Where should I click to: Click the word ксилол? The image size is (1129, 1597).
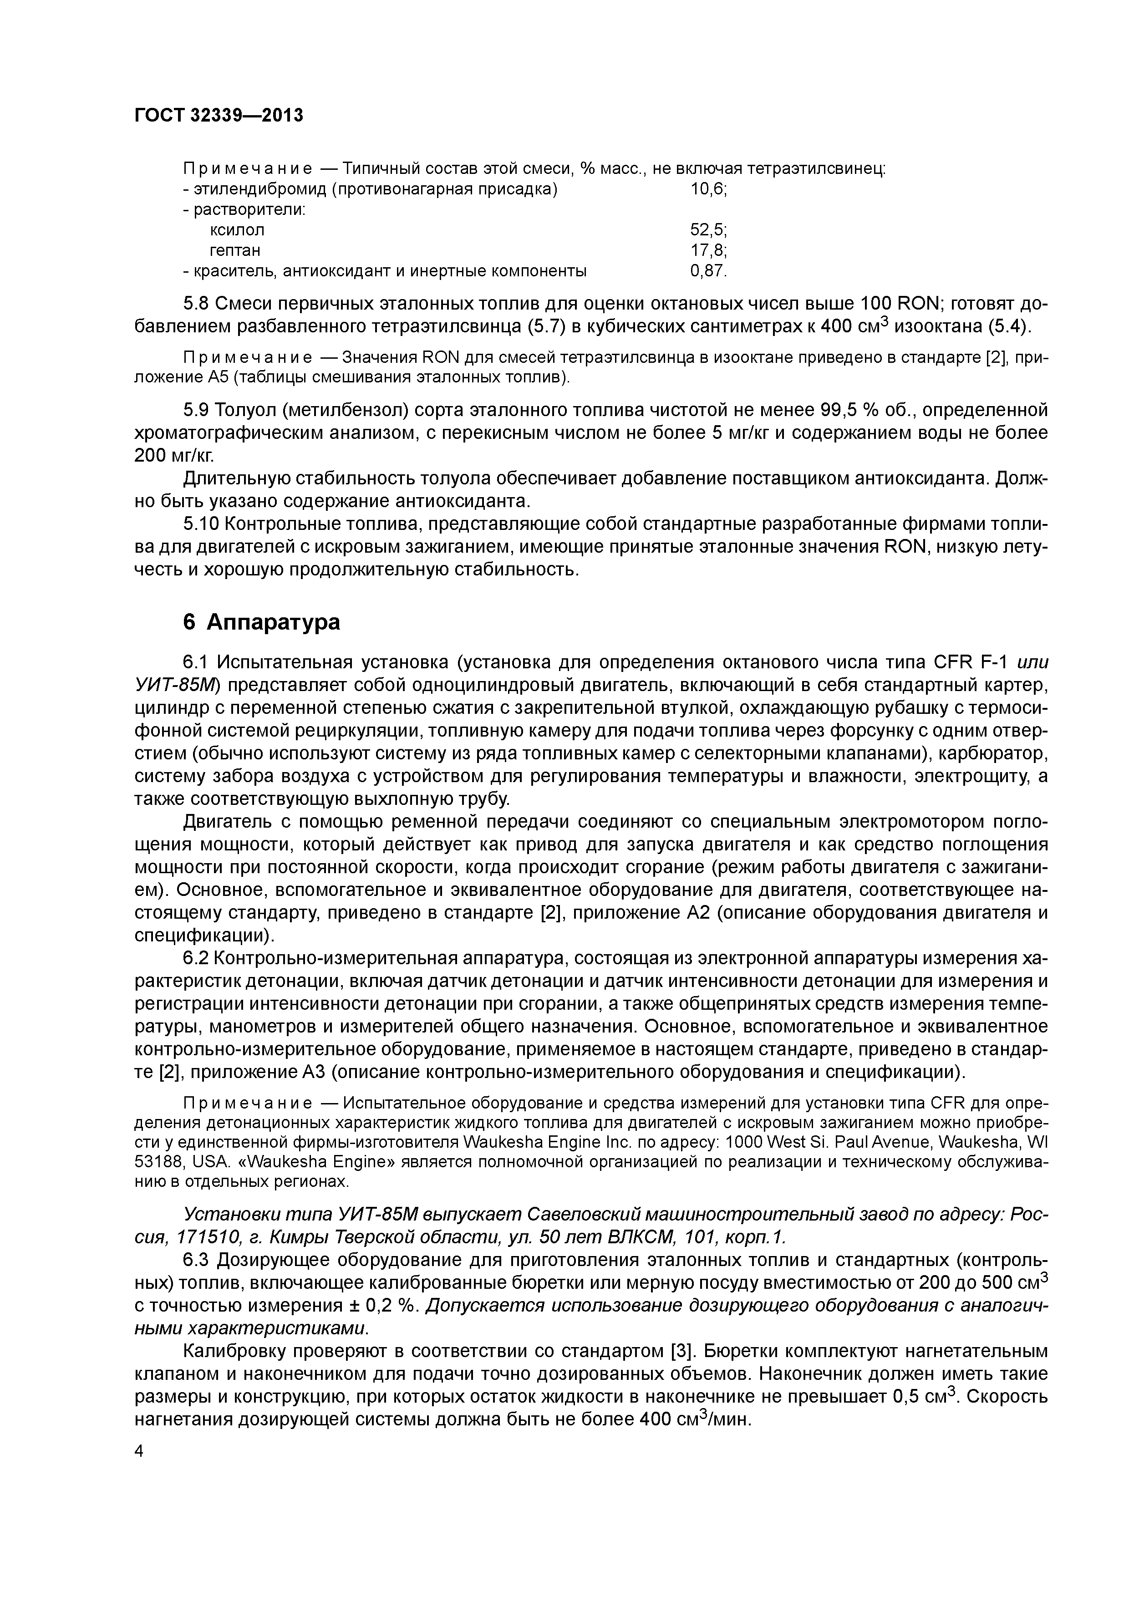pos(237,229)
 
